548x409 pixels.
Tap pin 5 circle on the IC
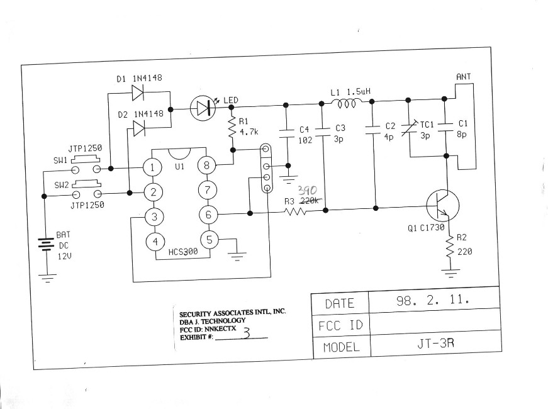point(210,240)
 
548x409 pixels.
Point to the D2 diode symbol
point(139,128)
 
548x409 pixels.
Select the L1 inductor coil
point(347,104)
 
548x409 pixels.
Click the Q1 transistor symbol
point(440,206)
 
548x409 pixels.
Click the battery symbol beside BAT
point(45,244)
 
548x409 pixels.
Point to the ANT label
point(463,77)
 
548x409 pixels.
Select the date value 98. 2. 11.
point(433,301)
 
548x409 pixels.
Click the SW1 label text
point(61,160)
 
